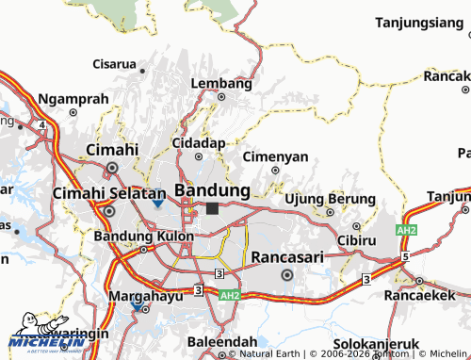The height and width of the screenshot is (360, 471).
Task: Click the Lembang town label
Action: [x=221, y=83]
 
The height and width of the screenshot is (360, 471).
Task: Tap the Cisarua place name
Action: [x=114, y=64]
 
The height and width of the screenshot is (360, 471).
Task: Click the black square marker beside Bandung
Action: [x=213, y=208]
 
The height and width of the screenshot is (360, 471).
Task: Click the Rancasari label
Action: [x=287, y=257]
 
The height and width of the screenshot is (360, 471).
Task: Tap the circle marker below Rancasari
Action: [x=287, y=275]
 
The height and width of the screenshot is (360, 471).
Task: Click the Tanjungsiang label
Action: [x=421, y=22]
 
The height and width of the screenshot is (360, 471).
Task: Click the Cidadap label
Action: [x=198, y=141]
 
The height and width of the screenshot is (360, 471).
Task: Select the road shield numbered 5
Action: [x=404, y=256]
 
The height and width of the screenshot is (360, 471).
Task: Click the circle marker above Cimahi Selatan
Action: [x=113, y=169]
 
